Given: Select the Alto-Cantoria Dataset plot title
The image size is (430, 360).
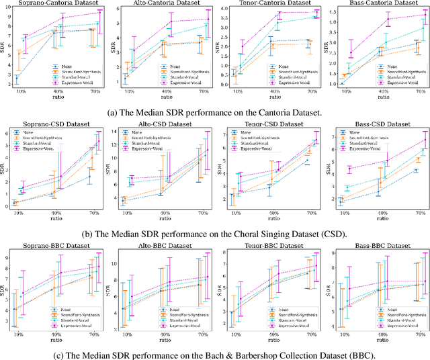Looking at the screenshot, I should [163, 4].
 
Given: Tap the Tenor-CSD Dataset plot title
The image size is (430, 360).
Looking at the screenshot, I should [271, 124].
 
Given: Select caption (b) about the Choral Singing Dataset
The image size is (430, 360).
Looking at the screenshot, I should [215, 234].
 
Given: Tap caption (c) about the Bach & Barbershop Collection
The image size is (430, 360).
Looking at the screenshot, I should [215, 353].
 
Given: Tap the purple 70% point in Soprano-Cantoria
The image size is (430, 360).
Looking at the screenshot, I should [99, 12].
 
